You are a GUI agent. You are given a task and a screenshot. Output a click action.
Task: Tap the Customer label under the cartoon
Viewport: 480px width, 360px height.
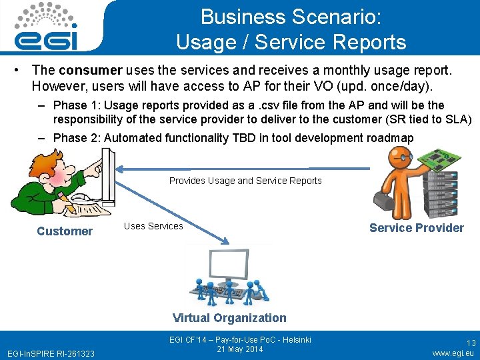[65, 231]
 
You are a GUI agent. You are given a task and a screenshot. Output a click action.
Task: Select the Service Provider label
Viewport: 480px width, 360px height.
[416, 228]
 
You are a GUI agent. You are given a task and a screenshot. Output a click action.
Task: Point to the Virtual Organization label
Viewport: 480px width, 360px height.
[229, 318]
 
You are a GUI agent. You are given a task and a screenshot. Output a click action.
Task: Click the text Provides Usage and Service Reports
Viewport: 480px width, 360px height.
[245, 181]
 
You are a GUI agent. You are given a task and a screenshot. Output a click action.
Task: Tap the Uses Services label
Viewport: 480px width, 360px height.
[153, 226]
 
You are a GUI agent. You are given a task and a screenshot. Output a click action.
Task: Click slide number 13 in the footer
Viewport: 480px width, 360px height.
[471, 343]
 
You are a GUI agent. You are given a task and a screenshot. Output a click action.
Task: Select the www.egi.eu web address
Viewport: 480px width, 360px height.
[453, 353]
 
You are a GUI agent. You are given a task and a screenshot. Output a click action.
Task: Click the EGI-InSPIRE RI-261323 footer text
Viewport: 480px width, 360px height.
[50, 353]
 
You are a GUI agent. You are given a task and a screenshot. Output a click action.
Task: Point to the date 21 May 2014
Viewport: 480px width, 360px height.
[240, 349]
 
